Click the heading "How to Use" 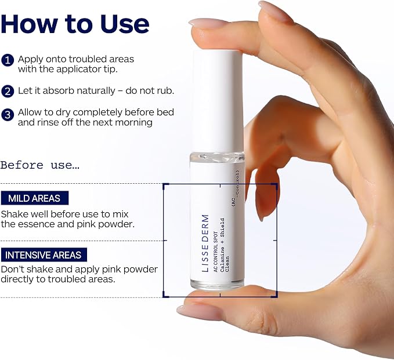75,24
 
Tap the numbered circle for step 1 8,60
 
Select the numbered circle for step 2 8,91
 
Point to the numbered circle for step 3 8,115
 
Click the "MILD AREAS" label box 35,198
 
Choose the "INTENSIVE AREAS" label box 44,255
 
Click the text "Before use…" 39,165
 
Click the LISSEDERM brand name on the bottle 205,243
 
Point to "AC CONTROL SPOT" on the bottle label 216,252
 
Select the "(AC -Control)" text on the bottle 236,188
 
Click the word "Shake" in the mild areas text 15,214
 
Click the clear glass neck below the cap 218,157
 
